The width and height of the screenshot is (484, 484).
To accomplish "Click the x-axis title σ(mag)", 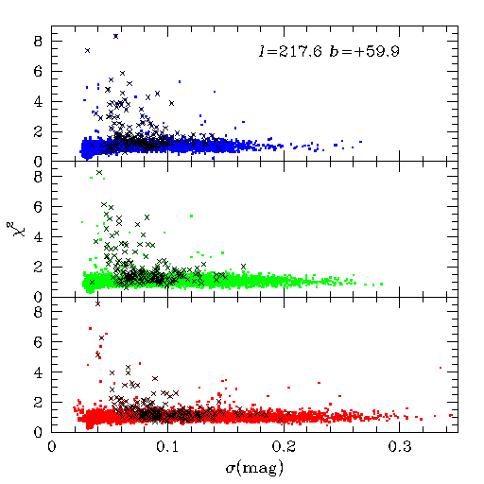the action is [254, 468].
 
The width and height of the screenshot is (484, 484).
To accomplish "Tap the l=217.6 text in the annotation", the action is [290, 51].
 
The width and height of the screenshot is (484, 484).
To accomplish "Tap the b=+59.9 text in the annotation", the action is [365, 51].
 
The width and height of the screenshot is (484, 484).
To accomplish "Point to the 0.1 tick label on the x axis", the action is [167, 447].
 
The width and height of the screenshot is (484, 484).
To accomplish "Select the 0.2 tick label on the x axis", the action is [284, 447].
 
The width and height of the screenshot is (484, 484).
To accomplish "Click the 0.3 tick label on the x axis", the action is [400, 447].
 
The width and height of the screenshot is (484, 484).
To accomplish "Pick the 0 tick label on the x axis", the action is [52, 447].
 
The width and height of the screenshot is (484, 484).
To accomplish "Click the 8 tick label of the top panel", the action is [38, 42].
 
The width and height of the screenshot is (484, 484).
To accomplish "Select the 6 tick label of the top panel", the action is [38, 72].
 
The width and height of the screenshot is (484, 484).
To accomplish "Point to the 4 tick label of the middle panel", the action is [38, 237].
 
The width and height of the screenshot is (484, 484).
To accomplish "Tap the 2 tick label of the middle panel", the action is [38, 268].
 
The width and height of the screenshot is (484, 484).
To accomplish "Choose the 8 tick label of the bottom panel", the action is [38, 312].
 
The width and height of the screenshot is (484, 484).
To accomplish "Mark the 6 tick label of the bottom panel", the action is [38, 342].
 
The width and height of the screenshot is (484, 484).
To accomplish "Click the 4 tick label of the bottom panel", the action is [38, 372].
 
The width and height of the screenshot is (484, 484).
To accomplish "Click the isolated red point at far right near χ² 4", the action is [441, 368].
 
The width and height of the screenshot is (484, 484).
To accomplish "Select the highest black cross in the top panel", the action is [116, 36].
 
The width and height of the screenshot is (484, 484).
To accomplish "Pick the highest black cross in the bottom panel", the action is [97, 303].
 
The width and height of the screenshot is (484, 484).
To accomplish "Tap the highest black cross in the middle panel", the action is [99, 172].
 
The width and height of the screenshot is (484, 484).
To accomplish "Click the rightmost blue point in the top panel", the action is [360, 142].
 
